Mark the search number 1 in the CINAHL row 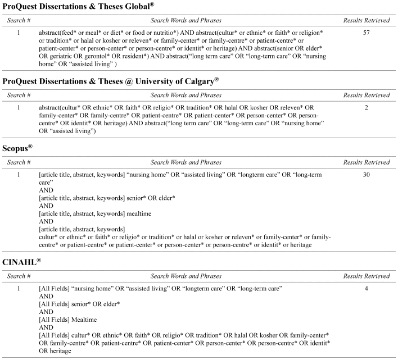19,289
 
